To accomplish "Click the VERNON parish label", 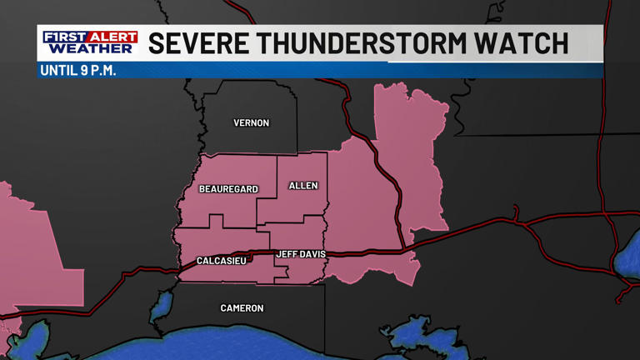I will pos(251,123).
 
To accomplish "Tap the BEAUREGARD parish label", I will pos(227,189).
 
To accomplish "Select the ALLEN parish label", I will pos(303,186).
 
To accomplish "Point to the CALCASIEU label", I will pos(221,261).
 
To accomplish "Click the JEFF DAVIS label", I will pos(300,254).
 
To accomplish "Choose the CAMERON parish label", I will pos(242,308).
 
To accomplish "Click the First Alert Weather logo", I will pos(90,43).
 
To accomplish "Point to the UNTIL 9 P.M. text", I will pos(77,70).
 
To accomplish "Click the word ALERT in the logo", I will pos(112,37).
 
